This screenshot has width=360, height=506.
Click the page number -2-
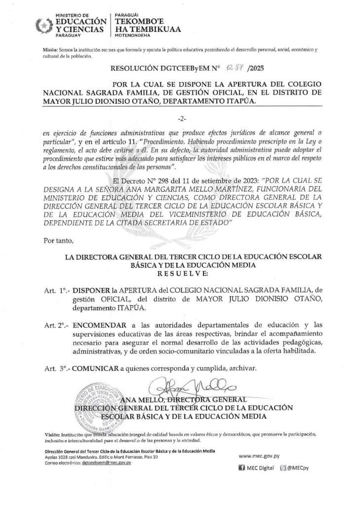pyautogui.click(x=180, y=119)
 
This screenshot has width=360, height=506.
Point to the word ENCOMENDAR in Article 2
pyautogui.click(x=97, y=325)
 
